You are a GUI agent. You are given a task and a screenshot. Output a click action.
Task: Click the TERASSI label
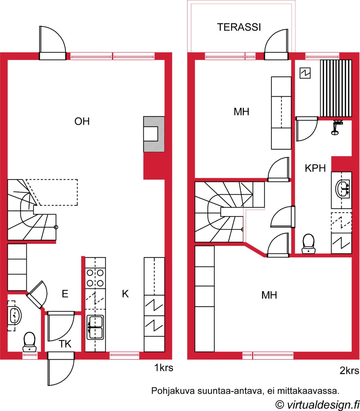coord(239,27)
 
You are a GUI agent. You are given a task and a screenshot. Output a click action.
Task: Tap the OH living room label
coord(82,121)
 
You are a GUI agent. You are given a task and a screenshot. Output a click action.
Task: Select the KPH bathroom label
coord(315,168)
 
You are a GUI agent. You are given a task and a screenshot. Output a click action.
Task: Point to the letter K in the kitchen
coord(125,294)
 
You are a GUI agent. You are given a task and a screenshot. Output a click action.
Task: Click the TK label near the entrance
coord(65,344)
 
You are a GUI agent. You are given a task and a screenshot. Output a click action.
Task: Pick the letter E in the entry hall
coord(65,294)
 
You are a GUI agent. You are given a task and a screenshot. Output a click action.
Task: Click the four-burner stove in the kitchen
coord(95,278)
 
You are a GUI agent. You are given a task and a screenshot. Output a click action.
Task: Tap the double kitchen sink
coord(95,327)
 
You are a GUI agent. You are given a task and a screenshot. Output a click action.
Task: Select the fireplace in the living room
coord(154,134)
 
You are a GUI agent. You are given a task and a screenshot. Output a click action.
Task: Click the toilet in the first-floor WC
coord(29,342)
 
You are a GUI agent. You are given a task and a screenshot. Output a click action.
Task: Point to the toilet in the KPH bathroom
coord(308,244)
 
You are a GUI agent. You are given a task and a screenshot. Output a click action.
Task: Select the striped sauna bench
coord(336,88)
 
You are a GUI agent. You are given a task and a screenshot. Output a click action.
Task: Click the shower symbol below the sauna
coord(337,127)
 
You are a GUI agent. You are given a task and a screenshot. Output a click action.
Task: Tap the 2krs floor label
coord(349,371)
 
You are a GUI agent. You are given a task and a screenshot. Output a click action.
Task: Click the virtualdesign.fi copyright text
coord(317,405)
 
